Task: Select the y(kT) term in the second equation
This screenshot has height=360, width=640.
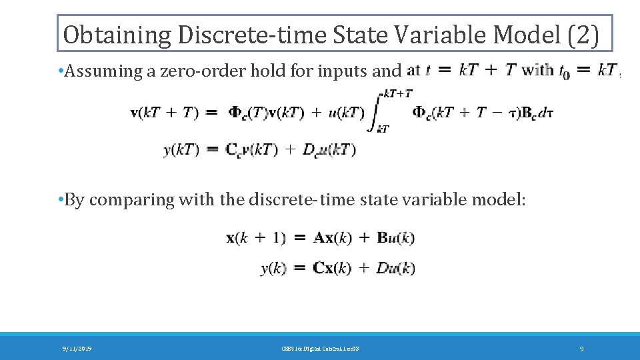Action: [181, 150]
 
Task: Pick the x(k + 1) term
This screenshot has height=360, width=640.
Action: [257, 237]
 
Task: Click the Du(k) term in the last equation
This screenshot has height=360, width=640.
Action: [396, 268]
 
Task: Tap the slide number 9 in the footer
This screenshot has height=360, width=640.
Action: [582, 348]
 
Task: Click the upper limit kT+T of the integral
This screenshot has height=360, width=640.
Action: [399, 94]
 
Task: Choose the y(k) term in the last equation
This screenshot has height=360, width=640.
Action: [273, 268]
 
